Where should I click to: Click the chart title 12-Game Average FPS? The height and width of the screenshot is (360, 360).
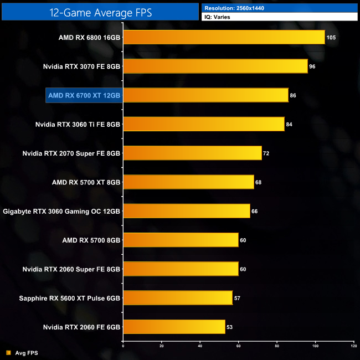(x=100, y=11)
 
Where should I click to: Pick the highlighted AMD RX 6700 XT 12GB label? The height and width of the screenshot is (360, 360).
(x=84, y=95)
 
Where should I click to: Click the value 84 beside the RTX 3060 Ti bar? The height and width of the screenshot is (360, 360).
(x=289, y=125)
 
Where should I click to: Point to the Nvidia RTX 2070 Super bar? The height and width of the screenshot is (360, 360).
(x=192, y=153)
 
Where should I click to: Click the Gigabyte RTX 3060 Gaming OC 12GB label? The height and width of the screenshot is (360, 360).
(x=61, y=211)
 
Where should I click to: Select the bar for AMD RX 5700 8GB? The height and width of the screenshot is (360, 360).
(x=180, y=240)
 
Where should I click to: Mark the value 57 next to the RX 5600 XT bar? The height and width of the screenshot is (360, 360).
(x=237, y=298)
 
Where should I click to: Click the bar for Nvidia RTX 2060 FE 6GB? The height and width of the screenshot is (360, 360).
(x=174, y=327)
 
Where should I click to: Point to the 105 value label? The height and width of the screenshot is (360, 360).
(x=331, y=38)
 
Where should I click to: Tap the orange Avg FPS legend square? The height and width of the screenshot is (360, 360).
(x=8, y=353)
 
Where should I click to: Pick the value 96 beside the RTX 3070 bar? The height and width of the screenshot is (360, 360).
(x=312, y=66)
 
